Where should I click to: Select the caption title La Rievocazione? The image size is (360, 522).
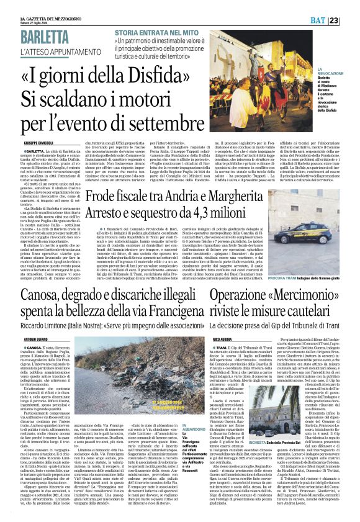330,73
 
